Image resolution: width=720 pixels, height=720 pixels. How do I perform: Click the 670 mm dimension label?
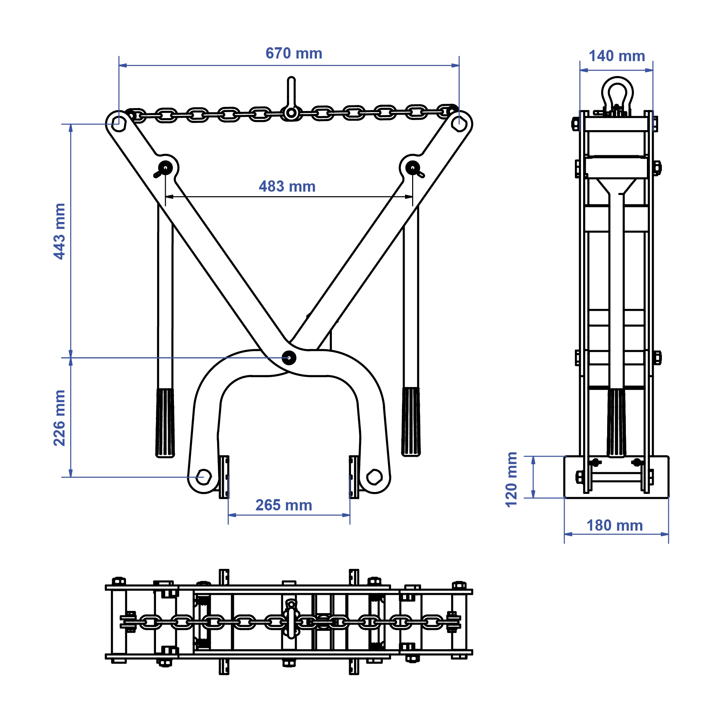(294, 54)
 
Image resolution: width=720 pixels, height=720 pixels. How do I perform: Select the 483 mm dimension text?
(287, 186)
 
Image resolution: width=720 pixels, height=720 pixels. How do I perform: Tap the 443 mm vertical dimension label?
(59, 231)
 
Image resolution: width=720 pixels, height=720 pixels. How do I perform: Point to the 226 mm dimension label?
(59, 418)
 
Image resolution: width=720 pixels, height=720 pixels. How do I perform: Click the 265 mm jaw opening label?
(283, 505)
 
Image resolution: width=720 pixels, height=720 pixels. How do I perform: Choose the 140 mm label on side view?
(616, 56)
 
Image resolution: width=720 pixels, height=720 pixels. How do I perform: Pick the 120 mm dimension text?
(511, 480)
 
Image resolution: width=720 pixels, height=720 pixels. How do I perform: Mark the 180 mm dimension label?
(614, 525)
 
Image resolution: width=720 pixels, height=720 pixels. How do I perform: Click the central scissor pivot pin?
(288, 357)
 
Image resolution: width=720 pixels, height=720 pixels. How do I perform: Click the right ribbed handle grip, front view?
(411, 422)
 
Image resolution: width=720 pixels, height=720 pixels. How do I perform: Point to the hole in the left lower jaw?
(204, 477)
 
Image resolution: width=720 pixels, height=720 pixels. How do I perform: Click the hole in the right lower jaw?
(374, 477)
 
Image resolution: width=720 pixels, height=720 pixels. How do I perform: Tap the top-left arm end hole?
(118, 123)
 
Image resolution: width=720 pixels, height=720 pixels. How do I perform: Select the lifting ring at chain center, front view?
(291, 112)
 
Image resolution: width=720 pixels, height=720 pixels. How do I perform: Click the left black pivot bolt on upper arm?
(165, 167)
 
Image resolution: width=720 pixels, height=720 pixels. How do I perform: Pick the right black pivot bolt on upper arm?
(412, 167)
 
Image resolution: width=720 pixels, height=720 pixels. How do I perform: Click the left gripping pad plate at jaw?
(224, 477)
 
